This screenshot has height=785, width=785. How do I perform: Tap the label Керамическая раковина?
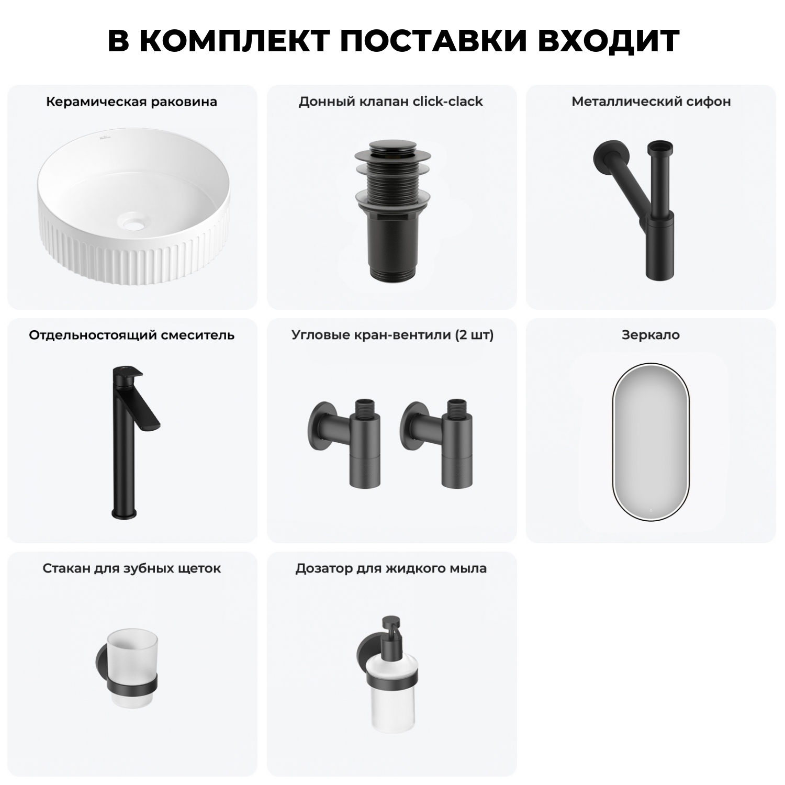point(131,102)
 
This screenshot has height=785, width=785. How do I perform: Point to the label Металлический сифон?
point(651,102)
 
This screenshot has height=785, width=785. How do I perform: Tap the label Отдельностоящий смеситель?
point(131,335)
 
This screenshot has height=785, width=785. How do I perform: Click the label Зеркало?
point(651,335)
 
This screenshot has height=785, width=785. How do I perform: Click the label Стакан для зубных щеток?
point(131,568)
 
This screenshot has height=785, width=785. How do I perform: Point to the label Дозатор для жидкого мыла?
point(391,568)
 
